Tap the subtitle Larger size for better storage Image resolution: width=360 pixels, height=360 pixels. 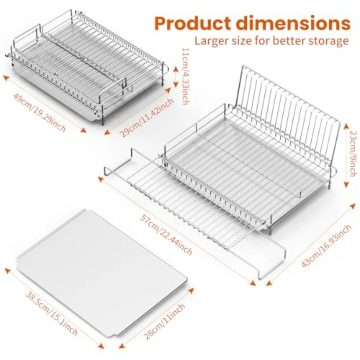click(x=272, y=41)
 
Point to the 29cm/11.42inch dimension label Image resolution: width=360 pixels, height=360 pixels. click(x=147, y=118)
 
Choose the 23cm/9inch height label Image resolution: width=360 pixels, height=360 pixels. click(x=354, y=154)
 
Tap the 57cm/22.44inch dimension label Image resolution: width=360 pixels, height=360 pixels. click(x=166, y=235)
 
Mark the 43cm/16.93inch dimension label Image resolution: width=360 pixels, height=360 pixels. click(x=326, y=246)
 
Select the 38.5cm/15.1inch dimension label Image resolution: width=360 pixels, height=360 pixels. click(x=51, y=313)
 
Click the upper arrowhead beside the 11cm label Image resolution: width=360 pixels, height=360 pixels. click(x=176, y=69)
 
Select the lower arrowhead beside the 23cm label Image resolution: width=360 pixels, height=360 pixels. click(x=347, y=184)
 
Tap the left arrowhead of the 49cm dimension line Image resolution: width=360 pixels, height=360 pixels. click(x=6, y=79)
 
